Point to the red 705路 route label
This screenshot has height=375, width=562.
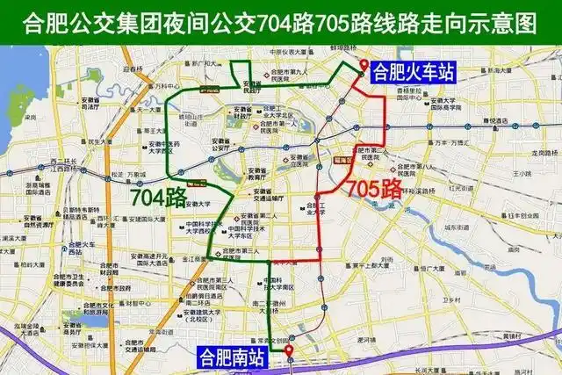coord(375,187)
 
